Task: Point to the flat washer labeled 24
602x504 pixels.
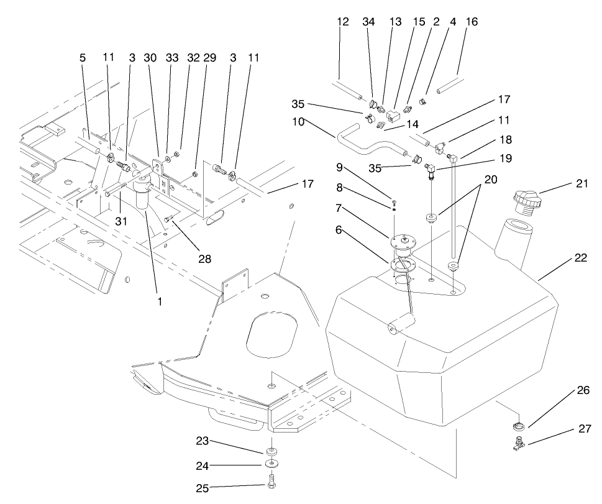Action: pos(272,464)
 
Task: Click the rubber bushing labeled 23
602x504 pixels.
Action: pos(272,450)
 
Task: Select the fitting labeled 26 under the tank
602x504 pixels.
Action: pos(518,426)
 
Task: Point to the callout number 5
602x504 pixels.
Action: pos(82,57)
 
